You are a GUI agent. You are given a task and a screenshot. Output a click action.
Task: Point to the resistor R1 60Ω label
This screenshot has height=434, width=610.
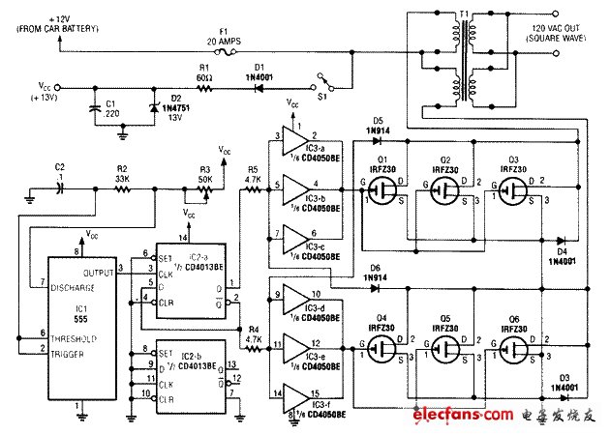(204, 73)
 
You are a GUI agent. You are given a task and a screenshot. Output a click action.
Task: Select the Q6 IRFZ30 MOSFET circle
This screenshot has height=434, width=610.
(513, 343)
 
